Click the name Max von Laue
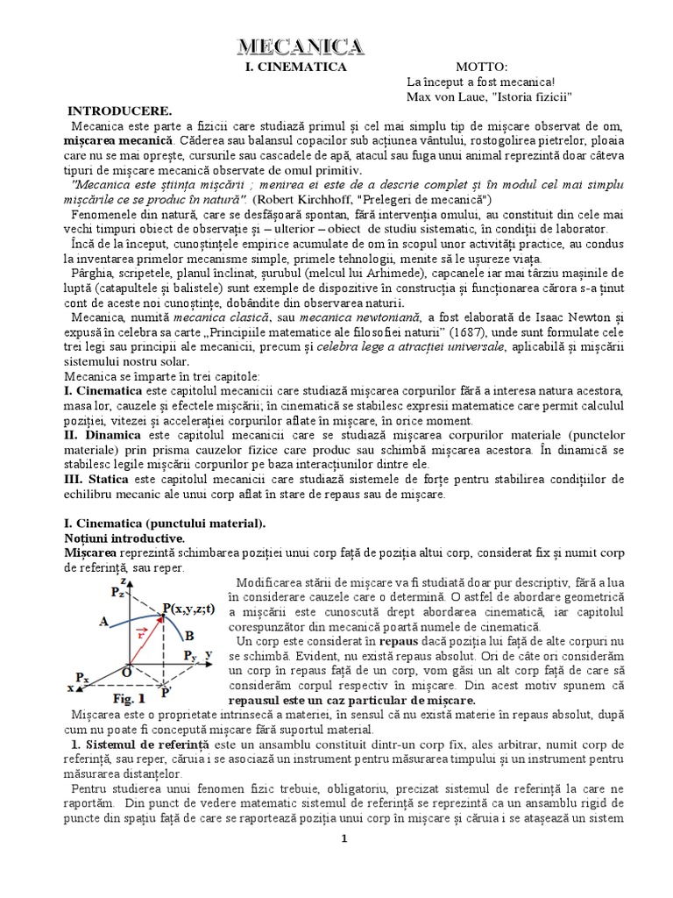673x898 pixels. [x=446, y=96]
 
